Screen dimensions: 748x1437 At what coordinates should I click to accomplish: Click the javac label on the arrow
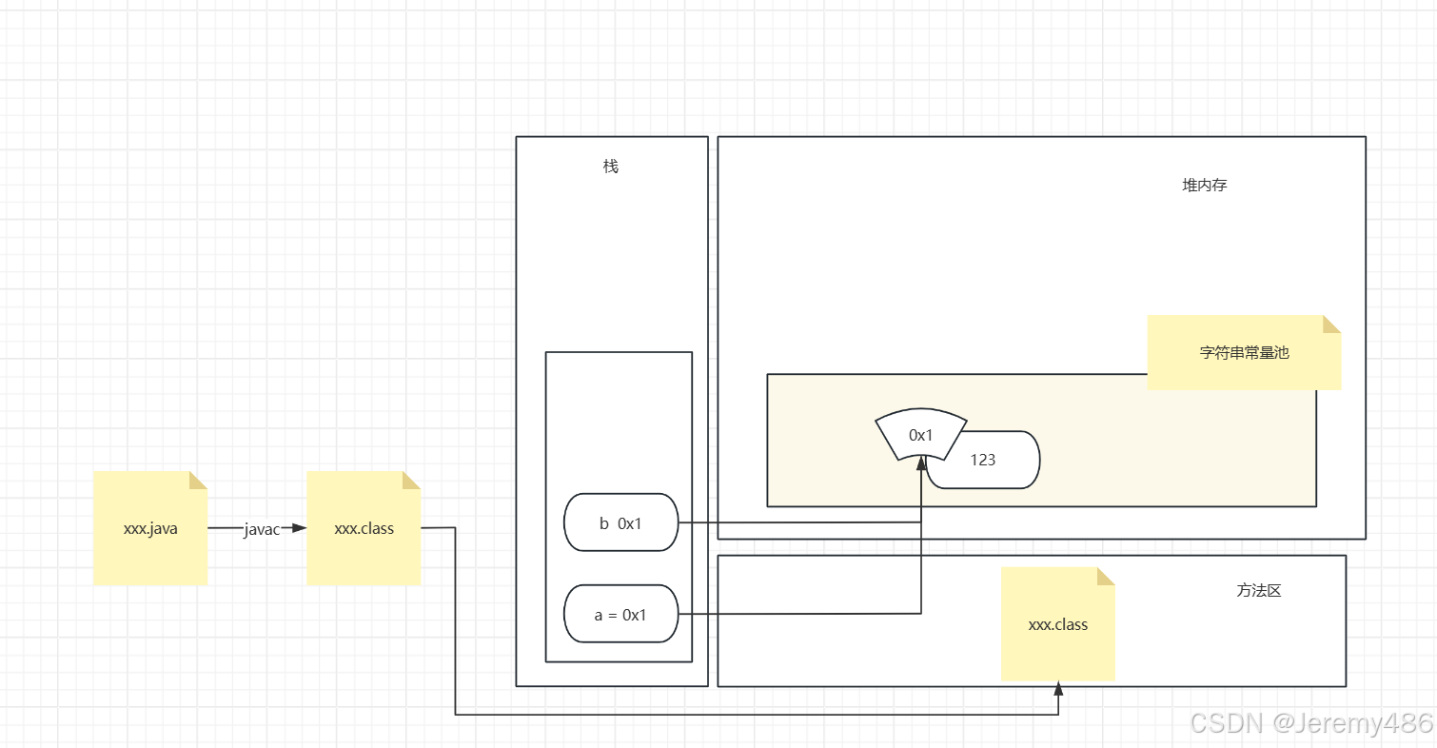[261, 529]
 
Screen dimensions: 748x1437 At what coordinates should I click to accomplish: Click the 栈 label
[611, 167]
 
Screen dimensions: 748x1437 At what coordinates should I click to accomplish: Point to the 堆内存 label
[1205, 186]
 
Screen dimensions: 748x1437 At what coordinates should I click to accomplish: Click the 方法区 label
[1259, 590]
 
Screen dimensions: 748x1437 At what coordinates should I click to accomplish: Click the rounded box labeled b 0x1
[620, 522]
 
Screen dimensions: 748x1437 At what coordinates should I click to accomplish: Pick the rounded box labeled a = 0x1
[620, 615]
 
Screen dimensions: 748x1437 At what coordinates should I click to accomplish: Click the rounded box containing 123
[990, 461]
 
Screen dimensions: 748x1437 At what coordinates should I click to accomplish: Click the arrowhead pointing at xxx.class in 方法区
[1058, 687]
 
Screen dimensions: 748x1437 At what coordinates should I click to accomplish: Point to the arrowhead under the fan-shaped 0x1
[921, 463]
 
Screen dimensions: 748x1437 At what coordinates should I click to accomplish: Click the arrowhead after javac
[299, 527]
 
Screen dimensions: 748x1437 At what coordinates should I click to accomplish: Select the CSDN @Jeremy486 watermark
[1311, 723]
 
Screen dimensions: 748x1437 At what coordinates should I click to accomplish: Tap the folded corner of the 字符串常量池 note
[1331, 324]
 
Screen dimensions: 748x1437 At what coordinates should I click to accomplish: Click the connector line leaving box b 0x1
[799, 522]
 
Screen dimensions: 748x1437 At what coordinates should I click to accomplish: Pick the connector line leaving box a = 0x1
[799, 614]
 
